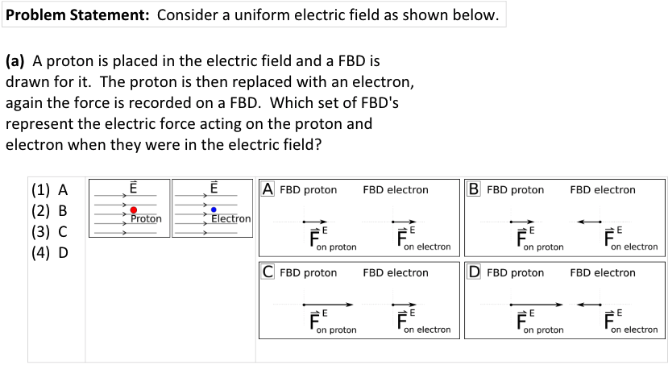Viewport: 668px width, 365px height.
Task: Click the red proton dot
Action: (134, 210)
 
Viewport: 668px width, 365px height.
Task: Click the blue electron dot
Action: (214, 210)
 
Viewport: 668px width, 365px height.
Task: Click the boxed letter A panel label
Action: (268, 189)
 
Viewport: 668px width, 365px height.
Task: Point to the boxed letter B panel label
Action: (475, 189)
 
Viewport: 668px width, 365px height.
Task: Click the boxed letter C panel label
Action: (268, 272)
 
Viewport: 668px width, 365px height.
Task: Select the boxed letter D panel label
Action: (475, 272)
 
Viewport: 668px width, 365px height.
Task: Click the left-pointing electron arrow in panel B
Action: (589, 222)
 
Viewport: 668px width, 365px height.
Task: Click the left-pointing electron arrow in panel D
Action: (589, 305)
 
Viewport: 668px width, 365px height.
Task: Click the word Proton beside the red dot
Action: (146, 218)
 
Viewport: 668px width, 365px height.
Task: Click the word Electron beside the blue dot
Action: (231, 218)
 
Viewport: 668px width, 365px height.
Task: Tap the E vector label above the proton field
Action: (134, 187)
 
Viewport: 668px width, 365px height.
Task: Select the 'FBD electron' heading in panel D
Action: (603, 273)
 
